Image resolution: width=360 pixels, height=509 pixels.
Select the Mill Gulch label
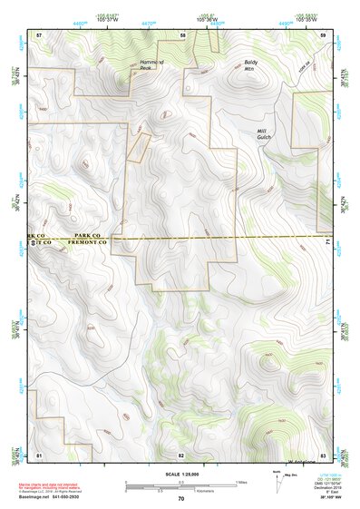point(264,135)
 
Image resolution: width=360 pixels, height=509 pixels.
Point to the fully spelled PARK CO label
point(91,234)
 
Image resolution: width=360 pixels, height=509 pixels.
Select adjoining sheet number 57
point(39,34)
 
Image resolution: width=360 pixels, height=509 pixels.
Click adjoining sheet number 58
point(183,34)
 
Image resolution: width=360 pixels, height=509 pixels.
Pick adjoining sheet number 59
point(323,34)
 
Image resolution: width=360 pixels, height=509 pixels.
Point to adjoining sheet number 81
point(39,454)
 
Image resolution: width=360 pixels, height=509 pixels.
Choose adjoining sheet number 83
point(323,454)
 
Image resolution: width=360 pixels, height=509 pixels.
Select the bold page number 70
point(181,498)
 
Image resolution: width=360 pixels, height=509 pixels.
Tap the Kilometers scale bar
point(180,491)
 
